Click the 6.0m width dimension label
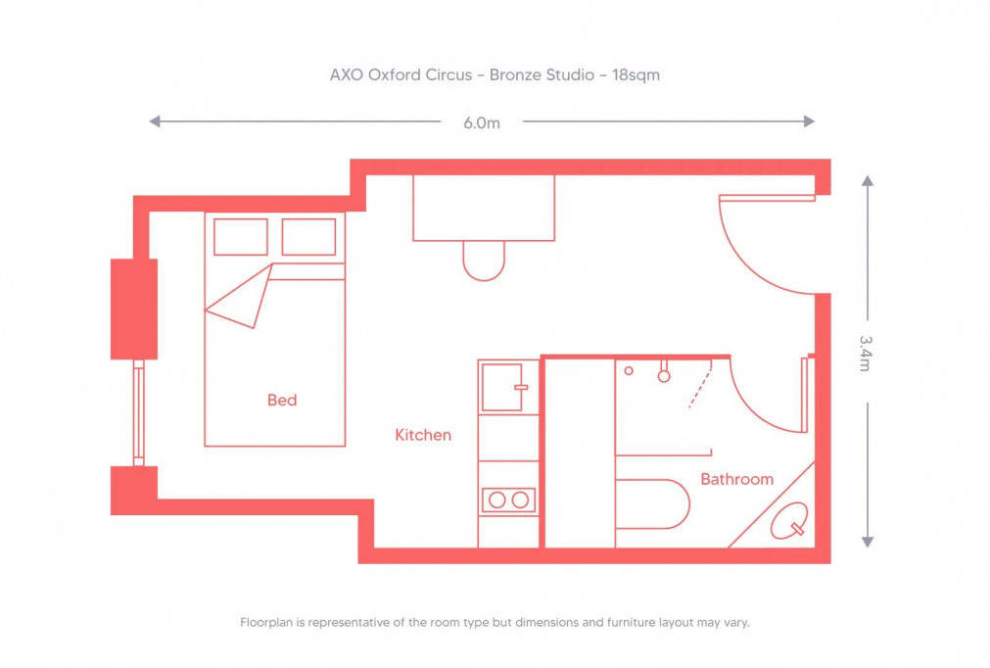pos(481,122)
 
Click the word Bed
pos(282,401)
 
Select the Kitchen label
pos(423,435)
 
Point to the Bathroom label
pos(736,480)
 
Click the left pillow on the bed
pos(240,237)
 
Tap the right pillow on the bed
pos(308,237)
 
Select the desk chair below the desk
pos(484,261)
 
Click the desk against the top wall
pos(484,208)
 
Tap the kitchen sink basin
pos(502,387)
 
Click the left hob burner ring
pos(497,501)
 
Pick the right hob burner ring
pos(520,501)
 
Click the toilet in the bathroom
pos(654,504)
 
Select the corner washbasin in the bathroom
pos(789,521)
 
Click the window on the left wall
pos(139,411)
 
